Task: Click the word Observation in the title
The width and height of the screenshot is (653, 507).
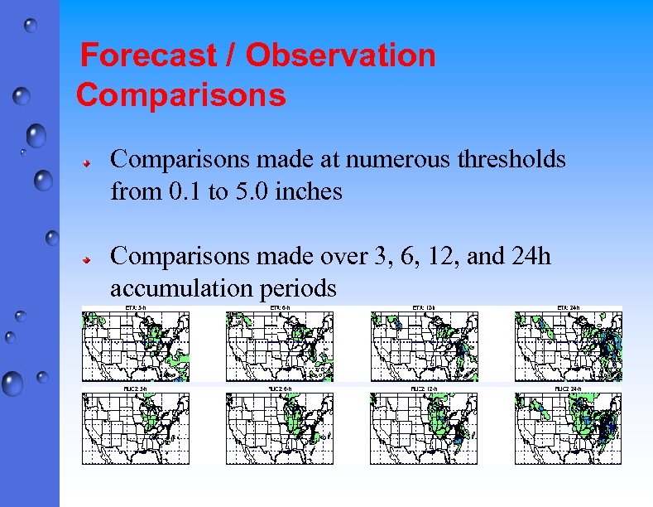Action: (340, 56)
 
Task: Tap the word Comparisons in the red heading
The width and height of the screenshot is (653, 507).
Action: (181, 95)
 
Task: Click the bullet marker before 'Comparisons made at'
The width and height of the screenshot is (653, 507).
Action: (85, 162)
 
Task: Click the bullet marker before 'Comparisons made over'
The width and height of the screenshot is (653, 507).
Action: (85, 259)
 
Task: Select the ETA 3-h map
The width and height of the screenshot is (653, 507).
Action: (135, 346)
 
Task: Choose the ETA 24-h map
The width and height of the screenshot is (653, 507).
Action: (568, 346)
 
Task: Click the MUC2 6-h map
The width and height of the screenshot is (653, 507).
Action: (280, 427)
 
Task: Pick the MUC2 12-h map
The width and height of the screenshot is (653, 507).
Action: (424, 427)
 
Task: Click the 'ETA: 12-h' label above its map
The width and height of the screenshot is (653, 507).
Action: (424, 308)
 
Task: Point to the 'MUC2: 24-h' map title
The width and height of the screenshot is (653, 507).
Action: (568, 389)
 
